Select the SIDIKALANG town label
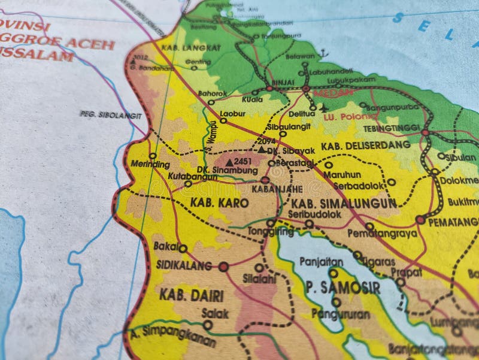(x=184, y=265)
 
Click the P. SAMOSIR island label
(x=342, y=288)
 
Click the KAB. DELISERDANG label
(x=366, y=145)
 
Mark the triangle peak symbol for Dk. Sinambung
(x=229, y=162)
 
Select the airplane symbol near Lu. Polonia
(x=325, y=108)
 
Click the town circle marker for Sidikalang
(x=224, y=267)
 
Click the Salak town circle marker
(x=208, y=325)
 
